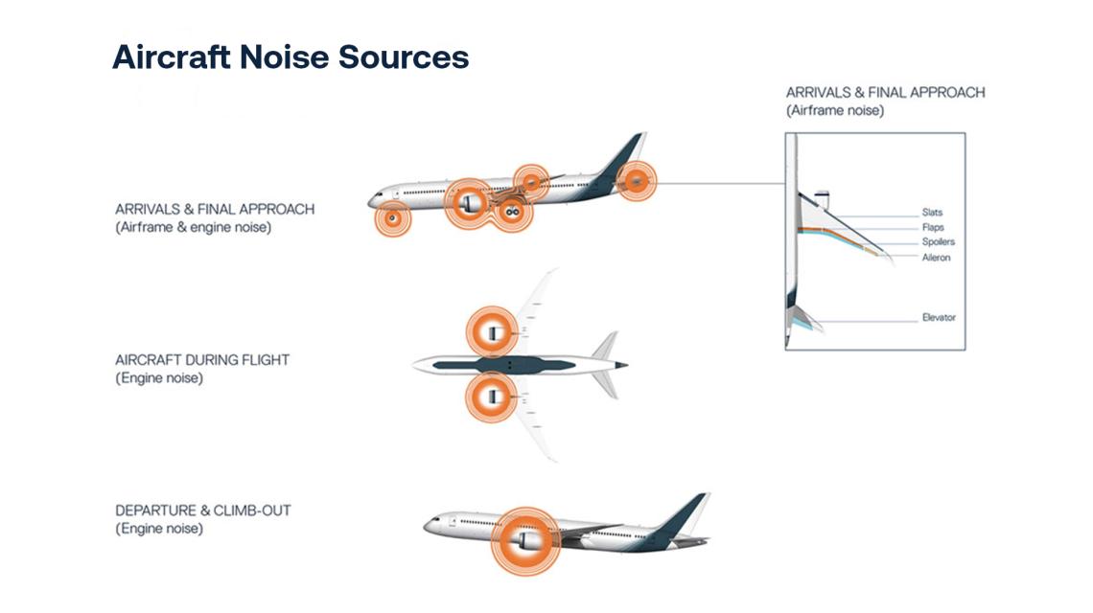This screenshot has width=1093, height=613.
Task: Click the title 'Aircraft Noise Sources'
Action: coord(291,57)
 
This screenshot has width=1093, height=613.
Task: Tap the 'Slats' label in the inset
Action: coord(931,213)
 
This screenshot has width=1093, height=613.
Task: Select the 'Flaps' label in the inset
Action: coord(932,228)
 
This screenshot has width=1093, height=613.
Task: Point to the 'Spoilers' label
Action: coord(937,242)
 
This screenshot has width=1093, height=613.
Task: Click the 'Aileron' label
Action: coord(936,258)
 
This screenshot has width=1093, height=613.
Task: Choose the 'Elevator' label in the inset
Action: coord(938,317)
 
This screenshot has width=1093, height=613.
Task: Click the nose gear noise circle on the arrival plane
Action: coord(392,219)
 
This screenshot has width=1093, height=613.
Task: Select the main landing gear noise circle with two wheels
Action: coord(513,212)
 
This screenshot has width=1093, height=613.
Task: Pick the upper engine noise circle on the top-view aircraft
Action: coord(491,332)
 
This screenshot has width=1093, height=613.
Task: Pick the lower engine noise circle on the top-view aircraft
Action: coord(491,396)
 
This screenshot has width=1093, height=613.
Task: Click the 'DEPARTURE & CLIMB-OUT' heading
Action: coord(202,511)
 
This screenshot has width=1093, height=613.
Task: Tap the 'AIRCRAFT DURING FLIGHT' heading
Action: coord(201,360)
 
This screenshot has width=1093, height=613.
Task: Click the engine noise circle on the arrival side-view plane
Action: coord(470,203)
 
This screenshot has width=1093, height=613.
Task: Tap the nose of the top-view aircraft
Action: coord(418,364)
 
